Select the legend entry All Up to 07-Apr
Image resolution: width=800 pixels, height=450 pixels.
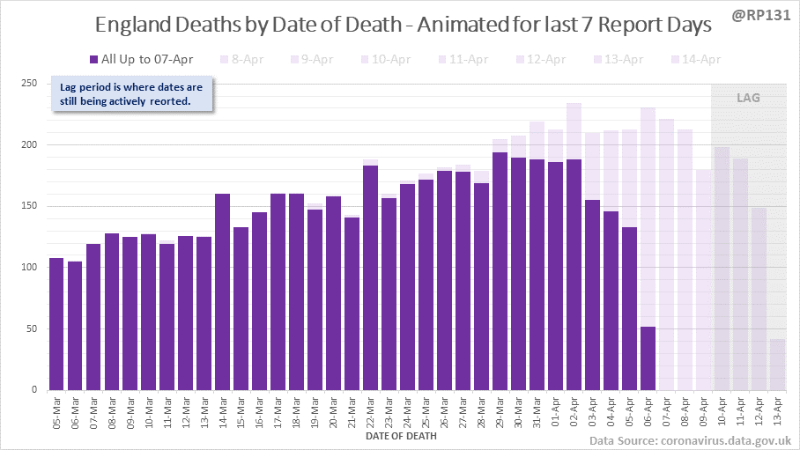tap(140, 59)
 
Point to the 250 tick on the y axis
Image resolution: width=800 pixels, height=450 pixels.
tap(28, 84)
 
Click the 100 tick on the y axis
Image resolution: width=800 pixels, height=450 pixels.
tap(28, 268)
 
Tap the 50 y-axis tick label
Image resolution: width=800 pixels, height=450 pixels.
tap(31, 329)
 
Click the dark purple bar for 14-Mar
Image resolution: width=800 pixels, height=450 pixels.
tap(222, 291)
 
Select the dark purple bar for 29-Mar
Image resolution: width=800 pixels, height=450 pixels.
tap(500, 271)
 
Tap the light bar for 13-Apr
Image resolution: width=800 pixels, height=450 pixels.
tap(777, 365)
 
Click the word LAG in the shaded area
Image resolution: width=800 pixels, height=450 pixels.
tap(748, 98)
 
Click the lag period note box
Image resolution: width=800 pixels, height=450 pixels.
tap(132, 94)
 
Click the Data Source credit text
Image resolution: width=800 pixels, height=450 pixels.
tap(689, 439)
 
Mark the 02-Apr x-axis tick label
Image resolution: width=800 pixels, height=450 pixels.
tap(574, 410)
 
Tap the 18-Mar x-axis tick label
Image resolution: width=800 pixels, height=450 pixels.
tap(297, 410)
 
